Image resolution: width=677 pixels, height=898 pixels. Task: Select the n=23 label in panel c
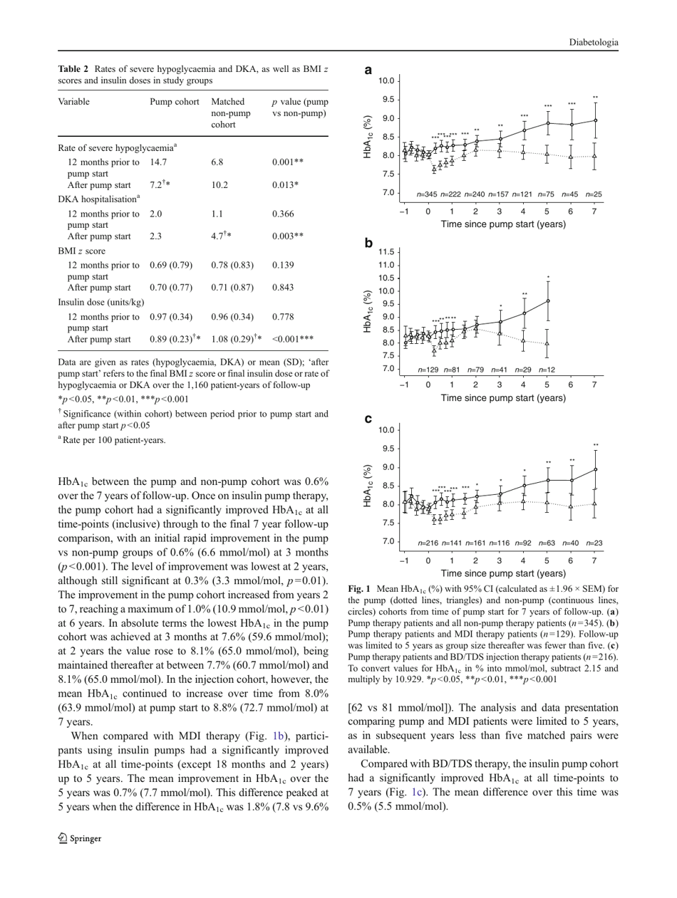point(594,543)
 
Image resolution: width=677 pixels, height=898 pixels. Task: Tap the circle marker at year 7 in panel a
point(595,120)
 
